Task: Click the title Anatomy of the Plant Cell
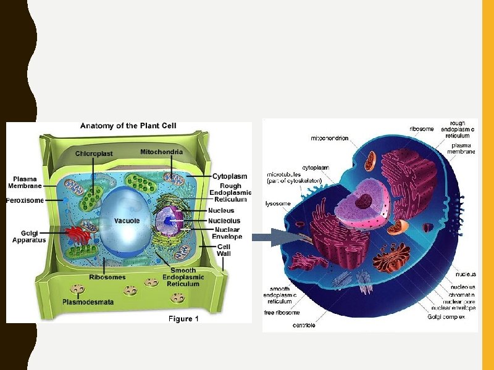point(128,126)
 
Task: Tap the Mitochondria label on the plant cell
point(161,151)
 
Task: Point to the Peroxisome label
point(25,200)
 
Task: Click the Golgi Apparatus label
point(29,236)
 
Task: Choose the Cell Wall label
point(224,249)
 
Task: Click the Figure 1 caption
point(184,319)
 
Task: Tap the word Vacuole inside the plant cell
point(127,221)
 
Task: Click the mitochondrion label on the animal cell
point(329,139)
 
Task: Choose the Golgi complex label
point(451,316)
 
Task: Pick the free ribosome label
point(282,313)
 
